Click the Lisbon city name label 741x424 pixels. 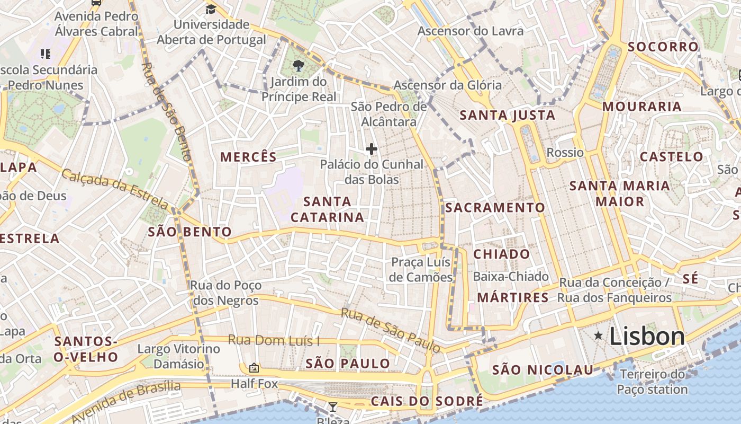[x=647, y=337]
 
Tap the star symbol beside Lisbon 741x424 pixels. [x=598, y=335]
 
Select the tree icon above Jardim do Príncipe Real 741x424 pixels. [x=299, y=66]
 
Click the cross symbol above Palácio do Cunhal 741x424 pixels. [x=372, y=149]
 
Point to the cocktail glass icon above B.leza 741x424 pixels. [x=332, y=407]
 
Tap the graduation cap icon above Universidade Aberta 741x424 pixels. [x=211, y=9]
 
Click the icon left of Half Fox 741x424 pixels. [x=254, y=368]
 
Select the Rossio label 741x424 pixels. [x=565, y=153]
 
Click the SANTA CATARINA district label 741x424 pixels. [x=327, y=209]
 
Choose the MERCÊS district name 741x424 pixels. [x=248, y=157]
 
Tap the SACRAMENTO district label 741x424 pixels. [x=495, y=208]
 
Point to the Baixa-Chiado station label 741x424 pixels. [x=511, y=276]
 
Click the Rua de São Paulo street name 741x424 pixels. [x=391, y=330]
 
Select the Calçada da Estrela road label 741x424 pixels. [x=115, y=189]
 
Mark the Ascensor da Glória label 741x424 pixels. [x=447, y=85]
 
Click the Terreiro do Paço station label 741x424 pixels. [x=652, y=382]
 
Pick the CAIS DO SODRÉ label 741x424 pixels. [x=427, y=401]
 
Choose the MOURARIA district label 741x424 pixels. [x=641, y=107]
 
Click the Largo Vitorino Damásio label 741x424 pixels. [x=178, y=356]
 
